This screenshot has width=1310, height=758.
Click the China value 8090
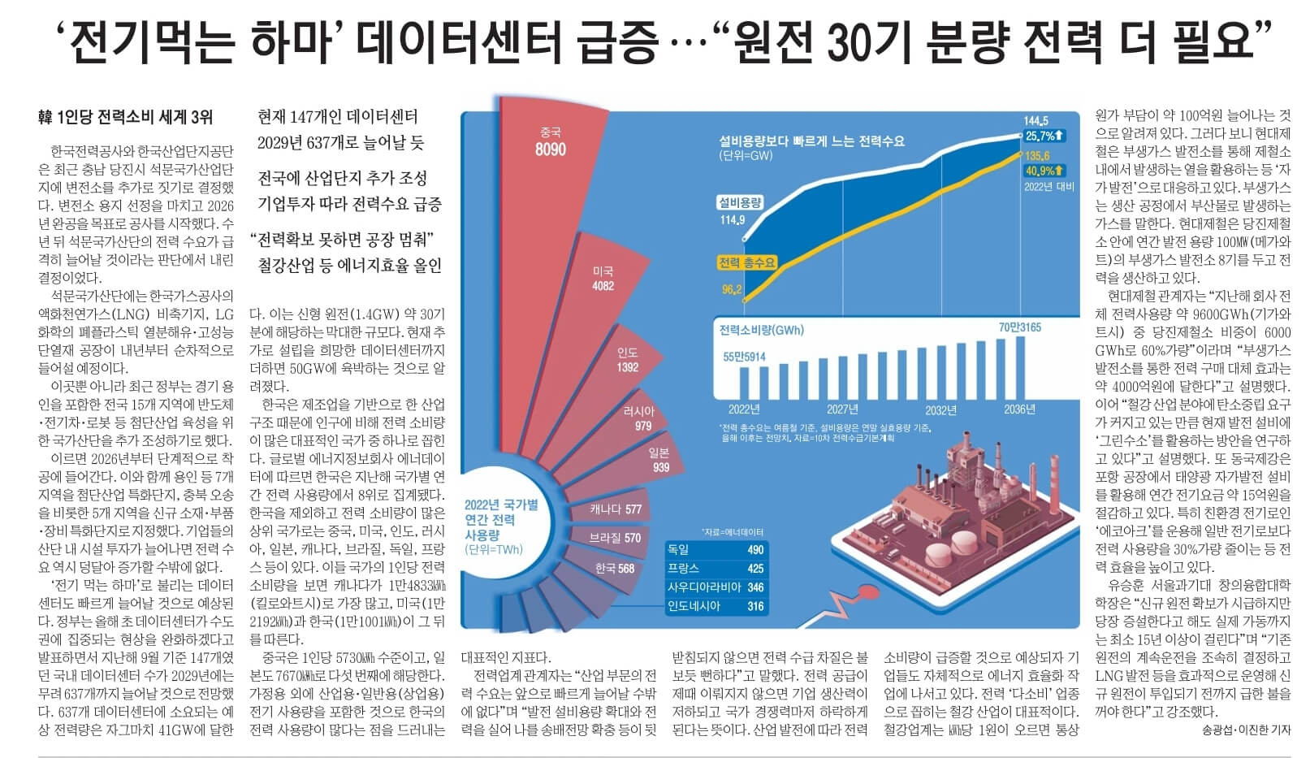coord(550,149)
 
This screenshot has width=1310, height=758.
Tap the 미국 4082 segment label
coord(603,279)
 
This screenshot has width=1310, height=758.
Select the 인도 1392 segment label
coord(627,360)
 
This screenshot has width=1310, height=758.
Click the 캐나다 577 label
coord(616,510)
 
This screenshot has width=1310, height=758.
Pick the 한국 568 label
coord(614,568)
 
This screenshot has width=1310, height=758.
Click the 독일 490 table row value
coord(754,550)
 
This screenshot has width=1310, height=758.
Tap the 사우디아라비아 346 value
coord(754,587)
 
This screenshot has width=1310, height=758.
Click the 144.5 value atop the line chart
coord(1035,121)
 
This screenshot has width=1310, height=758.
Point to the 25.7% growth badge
coord(1044,136)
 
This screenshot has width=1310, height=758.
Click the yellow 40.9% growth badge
coord(1044,171)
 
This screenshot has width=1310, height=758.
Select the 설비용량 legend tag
coord(739,202)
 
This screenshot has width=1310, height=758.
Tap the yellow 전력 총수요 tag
coord(746,262)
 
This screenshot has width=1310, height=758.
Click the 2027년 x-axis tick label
coord(842,409)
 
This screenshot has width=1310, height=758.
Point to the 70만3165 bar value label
coord(1019,327)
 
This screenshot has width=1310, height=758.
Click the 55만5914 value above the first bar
coord(744,357)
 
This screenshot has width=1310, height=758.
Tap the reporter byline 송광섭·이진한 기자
coord(1246,730)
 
